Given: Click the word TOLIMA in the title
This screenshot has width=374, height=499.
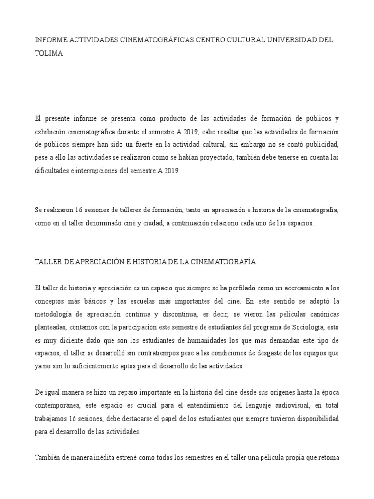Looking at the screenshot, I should (49, 53).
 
